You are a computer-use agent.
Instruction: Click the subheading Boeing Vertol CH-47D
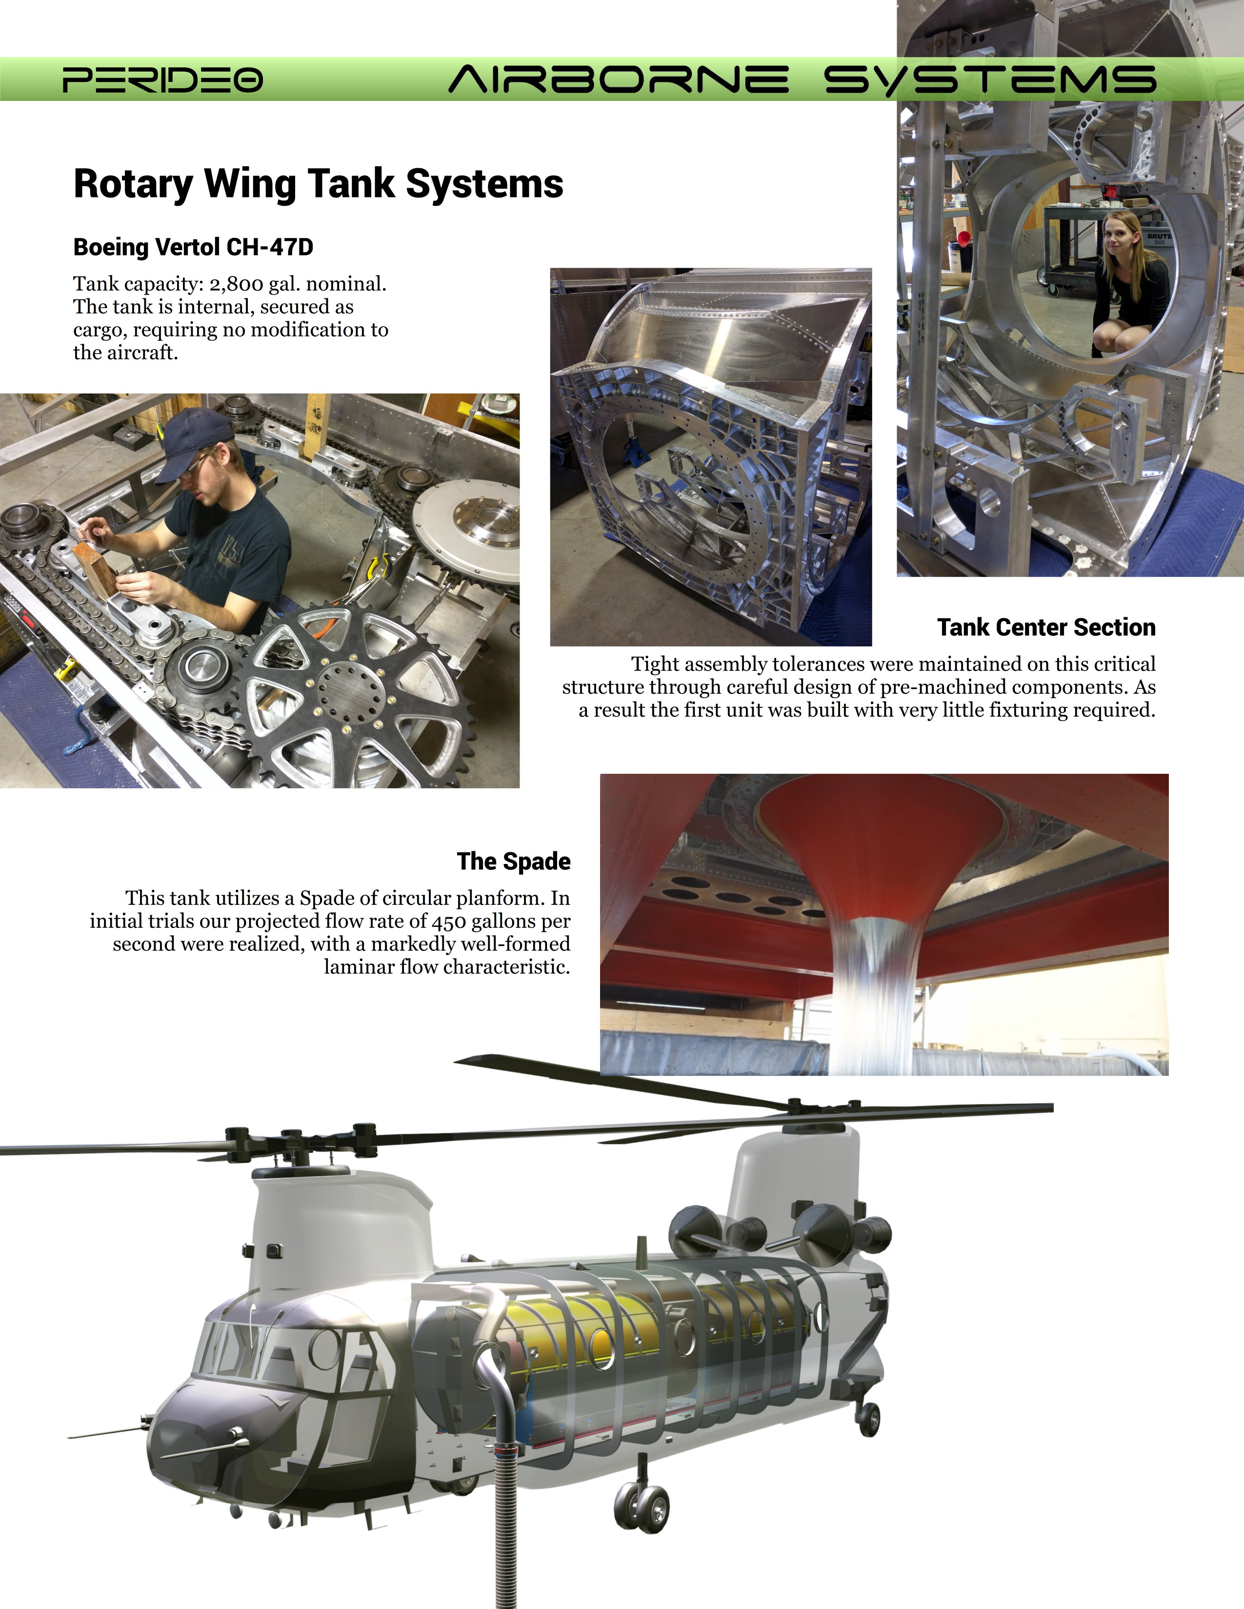pyautogui.click(x=193, y=247)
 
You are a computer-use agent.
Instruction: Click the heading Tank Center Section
pyautogui.click(x=1046, y=627)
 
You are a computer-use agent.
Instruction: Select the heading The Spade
pyautogui.click(x=514, y=861)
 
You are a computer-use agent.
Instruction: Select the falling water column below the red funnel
pyautogui.click(x=872, y=995)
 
